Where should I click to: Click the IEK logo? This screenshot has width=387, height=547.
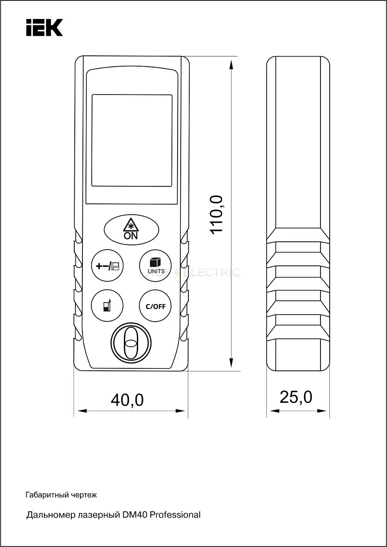click(x=45, y=28)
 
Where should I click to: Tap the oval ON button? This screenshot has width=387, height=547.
click(x=131, y=230)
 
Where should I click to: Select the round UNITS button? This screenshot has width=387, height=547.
click(x=155, y=265)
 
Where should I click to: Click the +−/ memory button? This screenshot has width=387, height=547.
click(x=107, y=265)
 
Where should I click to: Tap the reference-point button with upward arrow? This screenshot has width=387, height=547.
click(x=107, y=306)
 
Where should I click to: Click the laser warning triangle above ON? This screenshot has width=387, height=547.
click(x=131, y=225)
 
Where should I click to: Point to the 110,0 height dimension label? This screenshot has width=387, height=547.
click(x=216, y=215)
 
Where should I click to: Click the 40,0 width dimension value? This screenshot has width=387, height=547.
click(x=127, y=400)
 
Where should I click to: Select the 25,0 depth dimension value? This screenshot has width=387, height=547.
click(x=296, y=397)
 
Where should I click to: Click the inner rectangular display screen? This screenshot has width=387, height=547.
click(x=132, y=140)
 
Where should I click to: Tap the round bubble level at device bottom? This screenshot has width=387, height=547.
click(x=131, y=343)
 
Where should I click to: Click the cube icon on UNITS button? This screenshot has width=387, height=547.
click(x=155, y=262)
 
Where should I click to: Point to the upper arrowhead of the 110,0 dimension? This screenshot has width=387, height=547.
click(x=231, y=65)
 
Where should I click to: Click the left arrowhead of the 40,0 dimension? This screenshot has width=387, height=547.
click(x=82, y=411)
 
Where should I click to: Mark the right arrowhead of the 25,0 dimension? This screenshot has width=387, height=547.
click(x=322, y=411)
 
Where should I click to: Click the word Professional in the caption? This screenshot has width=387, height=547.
click(x=175, y=515)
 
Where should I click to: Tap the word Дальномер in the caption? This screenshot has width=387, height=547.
click(x=51, y=515)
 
